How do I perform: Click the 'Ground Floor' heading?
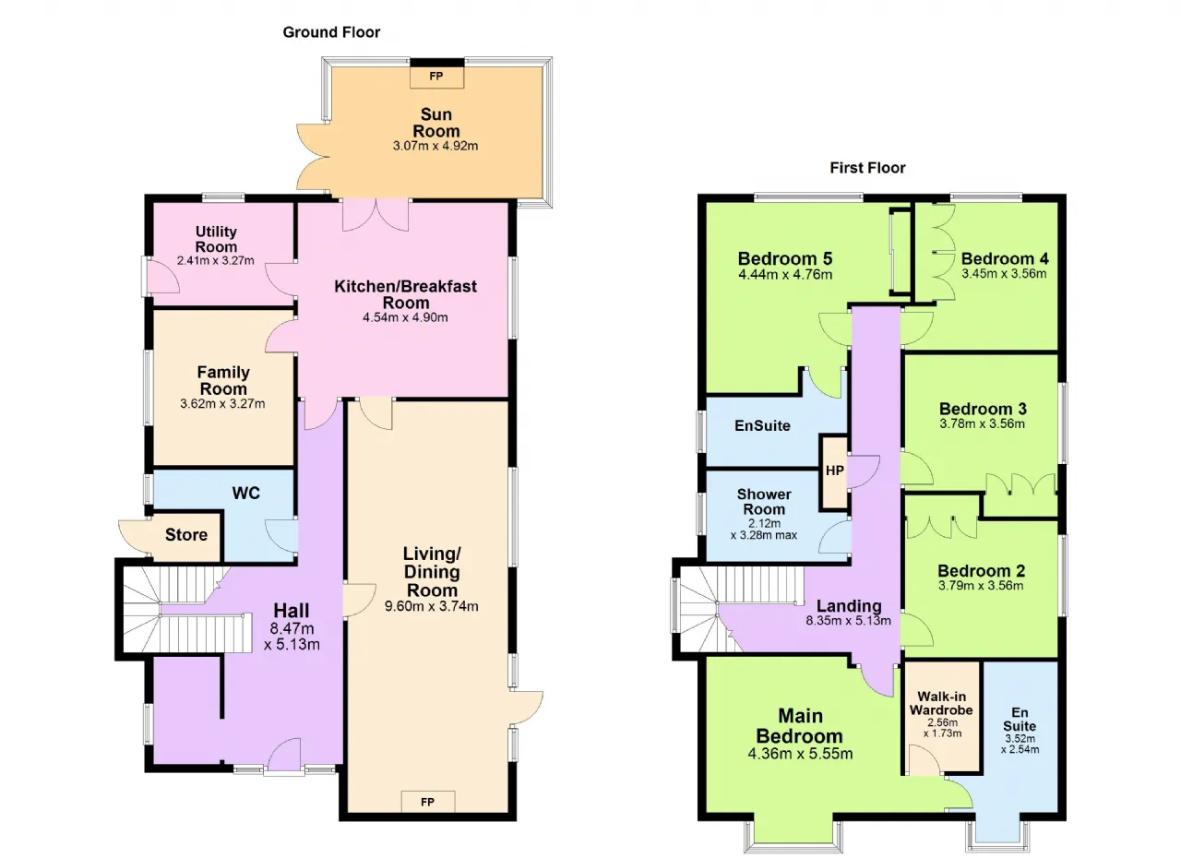coord(331,32)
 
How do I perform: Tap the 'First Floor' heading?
coord(867,168)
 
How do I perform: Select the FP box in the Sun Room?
coord(436,77)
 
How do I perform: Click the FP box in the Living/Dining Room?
coord(427,802)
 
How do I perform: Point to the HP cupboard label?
coord(835,471)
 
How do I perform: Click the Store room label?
coord(186,534)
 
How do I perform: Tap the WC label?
coord(245,493)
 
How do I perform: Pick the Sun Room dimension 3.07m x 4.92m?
coord(435,146)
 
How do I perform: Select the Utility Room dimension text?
coord(216,260)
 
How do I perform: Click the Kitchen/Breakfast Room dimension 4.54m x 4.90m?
coord(405,317)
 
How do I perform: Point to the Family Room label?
coord(223,380)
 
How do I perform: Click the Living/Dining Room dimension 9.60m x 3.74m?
coord(431,606)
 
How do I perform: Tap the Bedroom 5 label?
coord(785,258)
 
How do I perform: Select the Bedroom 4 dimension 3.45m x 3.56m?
coord(1004,273)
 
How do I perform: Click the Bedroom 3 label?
coord(983,409)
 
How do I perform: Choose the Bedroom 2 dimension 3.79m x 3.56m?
coord(981,585)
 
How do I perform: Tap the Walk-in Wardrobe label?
coord(941,703)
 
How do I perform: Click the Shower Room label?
coord(764,502)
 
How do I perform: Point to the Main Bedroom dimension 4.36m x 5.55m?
coord(800,753)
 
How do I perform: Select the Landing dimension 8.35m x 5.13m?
coord(848,620)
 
